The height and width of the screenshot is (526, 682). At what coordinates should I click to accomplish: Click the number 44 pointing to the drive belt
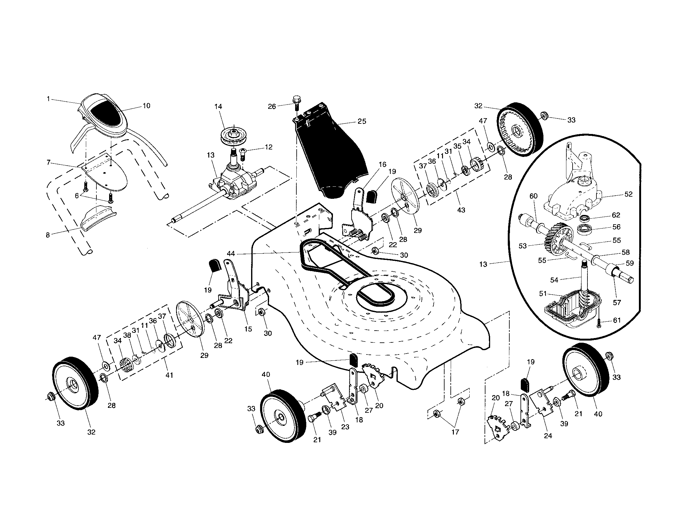click(x=231, y=254)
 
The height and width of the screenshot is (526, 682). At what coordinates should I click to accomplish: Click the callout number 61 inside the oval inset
click(x=617, y=320)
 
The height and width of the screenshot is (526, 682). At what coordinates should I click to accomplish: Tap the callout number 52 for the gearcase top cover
click(x=628, y=194)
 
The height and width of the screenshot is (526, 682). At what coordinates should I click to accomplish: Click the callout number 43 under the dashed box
click(x=461, y=210)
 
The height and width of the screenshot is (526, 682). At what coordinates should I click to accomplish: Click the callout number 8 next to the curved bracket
click(x=48, y=235)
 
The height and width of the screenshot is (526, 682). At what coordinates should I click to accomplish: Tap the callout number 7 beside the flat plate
click(x=48, y=163)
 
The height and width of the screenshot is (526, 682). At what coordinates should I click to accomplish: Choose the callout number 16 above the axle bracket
click(x=382, y=164)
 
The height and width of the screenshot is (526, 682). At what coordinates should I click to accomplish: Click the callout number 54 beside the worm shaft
click(x=554, y=280)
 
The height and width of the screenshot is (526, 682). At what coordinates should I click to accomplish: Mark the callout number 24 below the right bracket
click(x=548, y=436)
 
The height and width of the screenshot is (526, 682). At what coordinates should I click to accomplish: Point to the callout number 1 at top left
click(x=48, y=99)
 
